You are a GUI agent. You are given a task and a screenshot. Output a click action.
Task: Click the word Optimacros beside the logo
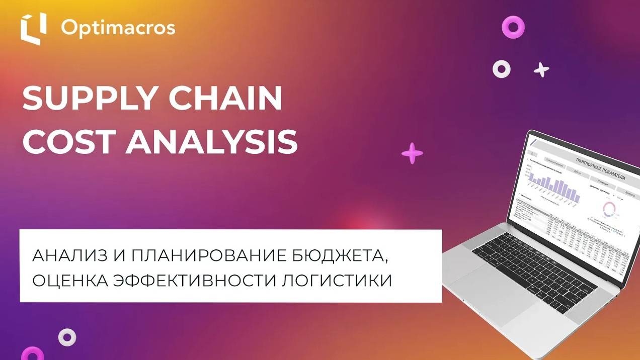pos(118,28)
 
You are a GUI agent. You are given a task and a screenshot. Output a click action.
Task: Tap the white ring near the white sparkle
pos(502,69)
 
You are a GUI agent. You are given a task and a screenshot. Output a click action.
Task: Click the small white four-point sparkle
pos(541,70)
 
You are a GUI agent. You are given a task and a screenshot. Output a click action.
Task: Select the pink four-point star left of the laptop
pos(412,153)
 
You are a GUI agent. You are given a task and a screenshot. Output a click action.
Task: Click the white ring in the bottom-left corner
pos(67,337)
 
